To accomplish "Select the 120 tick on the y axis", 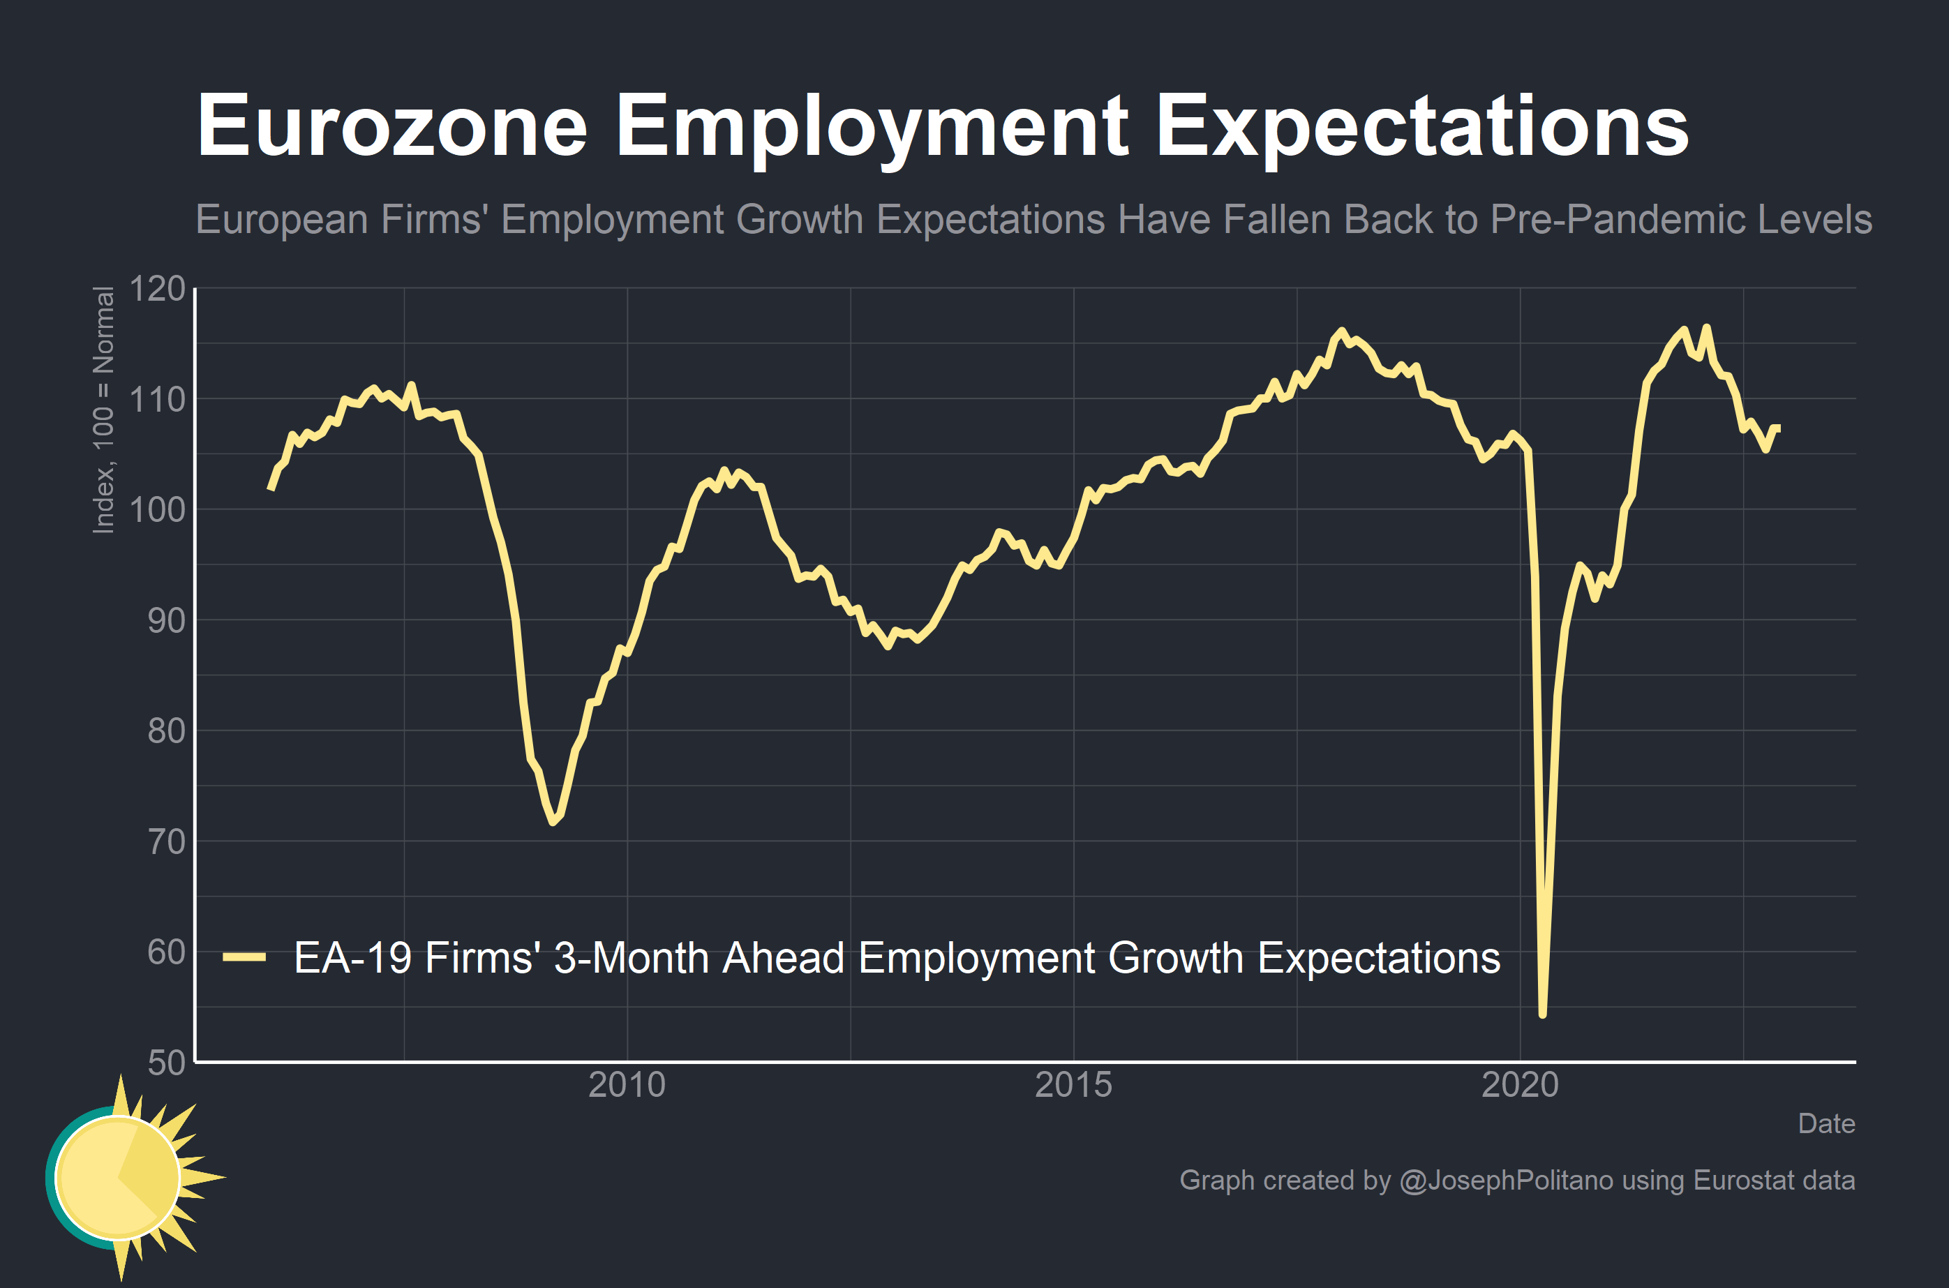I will pos(158,289).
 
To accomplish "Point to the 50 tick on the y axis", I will pos(167,1063).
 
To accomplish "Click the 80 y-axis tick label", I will pos(167,731).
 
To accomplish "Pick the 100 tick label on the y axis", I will pos(158,510).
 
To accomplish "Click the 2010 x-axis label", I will pos(627,1085).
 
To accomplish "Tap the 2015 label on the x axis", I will pos(1073,1085).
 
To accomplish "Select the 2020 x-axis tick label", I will pos(1519,1085).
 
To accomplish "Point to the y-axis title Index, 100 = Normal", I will pos(103,410).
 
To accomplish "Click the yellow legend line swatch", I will pos(244,957).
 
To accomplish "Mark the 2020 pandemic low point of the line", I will pos(1542,1014).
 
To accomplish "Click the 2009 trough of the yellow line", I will pos(553,821).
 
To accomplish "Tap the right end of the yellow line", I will pos(1778,428).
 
